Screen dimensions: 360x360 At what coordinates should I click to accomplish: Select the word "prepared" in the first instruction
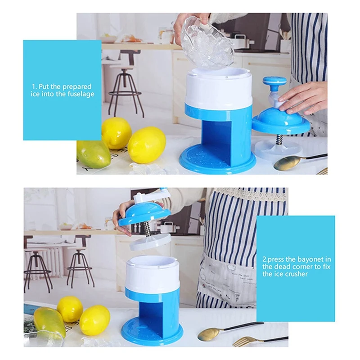[x=76, y=86]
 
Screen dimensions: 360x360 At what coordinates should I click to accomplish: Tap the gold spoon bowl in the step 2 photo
[x=208, y=334]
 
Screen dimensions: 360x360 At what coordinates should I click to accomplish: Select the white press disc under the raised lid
[x=151, y=242]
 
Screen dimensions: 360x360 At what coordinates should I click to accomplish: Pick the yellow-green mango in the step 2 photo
[x=49, y=322]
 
